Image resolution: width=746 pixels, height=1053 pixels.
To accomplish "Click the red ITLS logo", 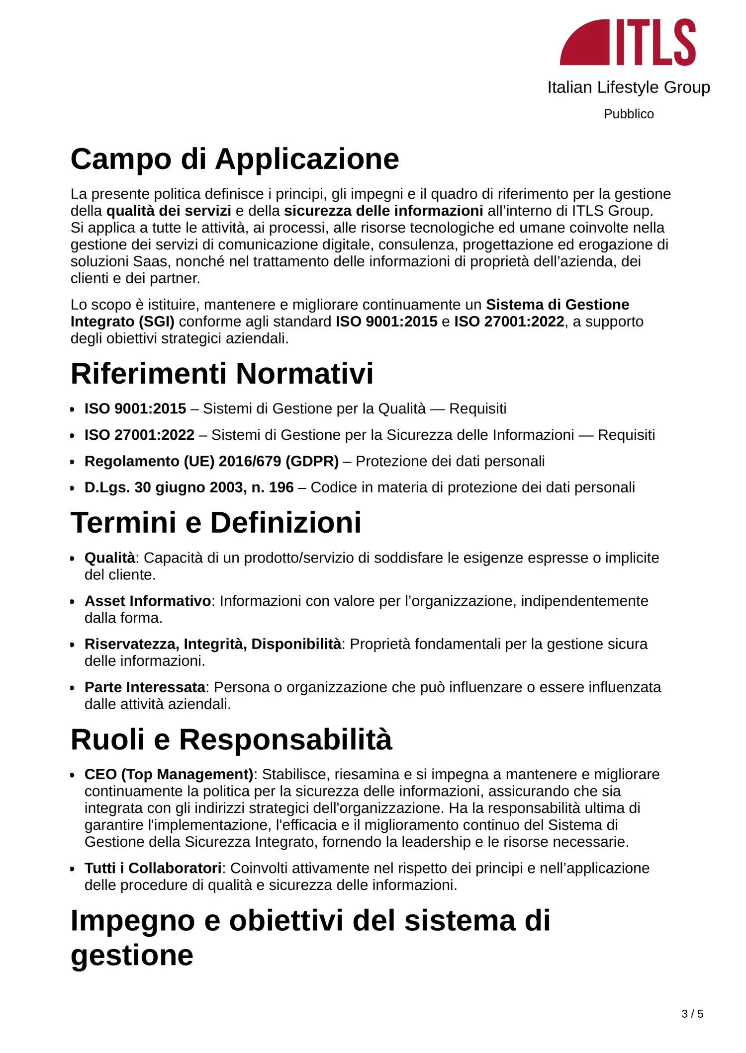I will [x=628, y=42].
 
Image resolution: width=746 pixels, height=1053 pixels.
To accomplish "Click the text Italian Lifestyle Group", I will [x=629, y=87].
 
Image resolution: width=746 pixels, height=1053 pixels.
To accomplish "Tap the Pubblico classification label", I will [x=629, y=114].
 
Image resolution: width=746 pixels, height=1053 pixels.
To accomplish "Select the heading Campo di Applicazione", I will [x=235, y=159].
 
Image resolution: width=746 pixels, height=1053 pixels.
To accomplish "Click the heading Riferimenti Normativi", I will [x=222, y=374].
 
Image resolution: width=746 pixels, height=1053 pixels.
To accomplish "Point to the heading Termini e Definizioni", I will [x=216, y=523].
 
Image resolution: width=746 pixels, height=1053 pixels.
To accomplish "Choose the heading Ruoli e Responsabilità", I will [x=231, y=739].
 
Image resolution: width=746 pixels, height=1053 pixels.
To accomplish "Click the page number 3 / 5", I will [x=692, y=1014].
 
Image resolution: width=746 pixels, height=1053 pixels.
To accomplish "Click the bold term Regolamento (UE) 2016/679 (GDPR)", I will [x=211, y=461].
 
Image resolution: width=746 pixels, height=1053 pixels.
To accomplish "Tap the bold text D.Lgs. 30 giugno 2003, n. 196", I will [x=189, y=487].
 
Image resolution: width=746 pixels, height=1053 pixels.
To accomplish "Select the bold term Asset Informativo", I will [x=148, y=601].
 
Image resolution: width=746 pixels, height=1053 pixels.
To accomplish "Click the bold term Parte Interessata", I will [x=145, y=687].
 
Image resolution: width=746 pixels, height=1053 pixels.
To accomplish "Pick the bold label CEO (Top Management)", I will [x=169, y=774].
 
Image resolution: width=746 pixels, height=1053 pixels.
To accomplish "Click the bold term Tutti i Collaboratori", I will [x=153, y=868].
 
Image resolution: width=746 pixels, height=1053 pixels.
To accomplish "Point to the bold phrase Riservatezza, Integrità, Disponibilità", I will [x=213, y=644].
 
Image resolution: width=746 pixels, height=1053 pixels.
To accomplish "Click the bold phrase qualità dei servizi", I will [x=169, y=211].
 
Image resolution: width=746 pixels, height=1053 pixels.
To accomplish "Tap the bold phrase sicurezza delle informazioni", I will [x=383, y=211].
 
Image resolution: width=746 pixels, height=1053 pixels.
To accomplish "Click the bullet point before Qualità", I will [x=73, y=559].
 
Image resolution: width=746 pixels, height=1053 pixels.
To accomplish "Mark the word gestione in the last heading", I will [x=132, y=955].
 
